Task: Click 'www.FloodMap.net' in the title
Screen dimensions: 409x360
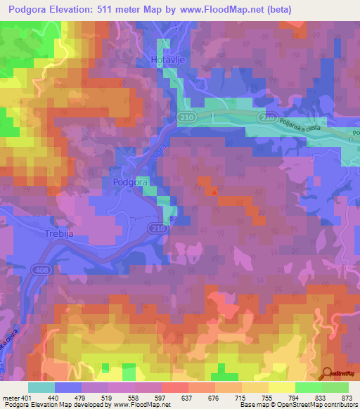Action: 218,10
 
